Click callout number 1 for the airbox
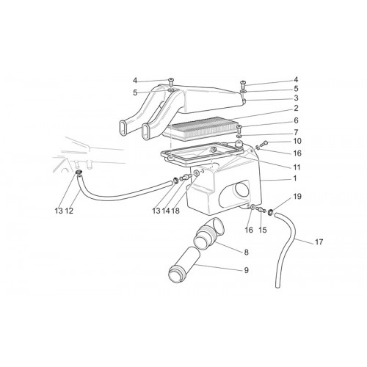point(295,178)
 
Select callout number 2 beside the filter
point(296,108)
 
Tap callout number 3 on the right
point(296,98)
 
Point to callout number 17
point(319,242)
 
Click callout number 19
point(297,196)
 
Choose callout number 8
point(246,252)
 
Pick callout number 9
point(246,270)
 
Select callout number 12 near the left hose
point(69,211)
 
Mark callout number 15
point(262,230)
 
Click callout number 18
point(175,211)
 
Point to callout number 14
point(166,211)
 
